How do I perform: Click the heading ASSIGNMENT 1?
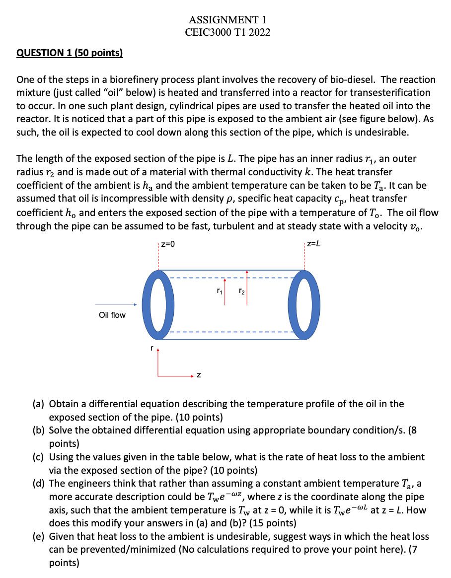point(227,20)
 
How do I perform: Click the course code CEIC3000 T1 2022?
point(227,33)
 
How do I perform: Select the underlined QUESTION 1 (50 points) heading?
point(70,53)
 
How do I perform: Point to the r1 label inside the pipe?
point(219,291)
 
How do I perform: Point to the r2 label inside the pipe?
point(241,291)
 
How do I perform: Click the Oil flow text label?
point(112,315)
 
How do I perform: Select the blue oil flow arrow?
point(116,305)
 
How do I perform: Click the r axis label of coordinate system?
point(151,349)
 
